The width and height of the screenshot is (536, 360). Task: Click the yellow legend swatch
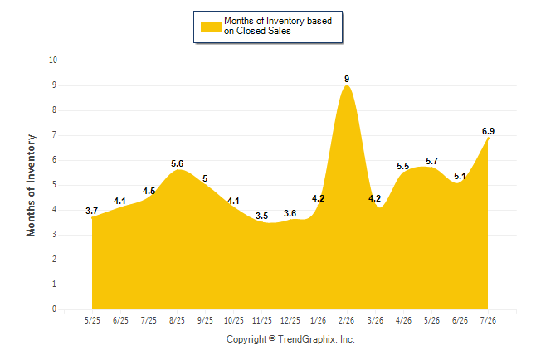pos(211,27)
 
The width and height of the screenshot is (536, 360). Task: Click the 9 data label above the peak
pos(347,79)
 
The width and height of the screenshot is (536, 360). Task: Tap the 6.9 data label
pos(488,131)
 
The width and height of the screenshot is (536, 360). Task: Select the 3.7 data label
pos(91,211)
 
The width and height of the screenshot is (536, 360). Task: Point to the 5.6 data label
pos(177,163)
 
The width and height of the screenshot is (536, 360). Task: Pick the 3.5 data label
pos(262,216)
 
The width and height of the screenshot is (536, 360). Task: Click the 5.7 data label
pos(431,161)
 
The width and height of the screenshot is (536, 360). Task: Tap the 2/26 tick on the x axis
pos(346,320)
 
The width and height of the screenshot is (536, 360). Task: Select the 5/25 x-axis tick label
pos(92,320)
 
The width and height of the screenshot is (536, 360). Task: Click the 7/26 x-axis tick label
pos(488,320)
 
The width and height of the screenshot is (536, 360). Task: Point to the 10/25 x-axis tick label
pos(234,320)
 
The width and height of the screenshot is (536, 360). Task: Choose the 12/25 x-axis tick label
pos(290,320)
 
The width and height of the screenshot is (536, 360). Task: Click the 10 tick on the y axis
pos(53,61)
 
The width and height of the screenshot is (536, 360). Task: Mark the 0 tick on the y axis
pos(55,309)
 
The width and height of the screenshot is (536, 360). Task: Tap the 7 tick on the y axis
pos(55,134)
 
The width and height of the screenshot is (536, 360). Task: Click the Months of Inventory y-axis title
pos(31,185)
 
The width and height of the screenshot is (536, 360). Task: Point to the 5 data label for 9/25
pos(205,178)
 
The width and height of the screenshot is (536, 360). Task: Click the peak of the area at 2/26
pos(347,85)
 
